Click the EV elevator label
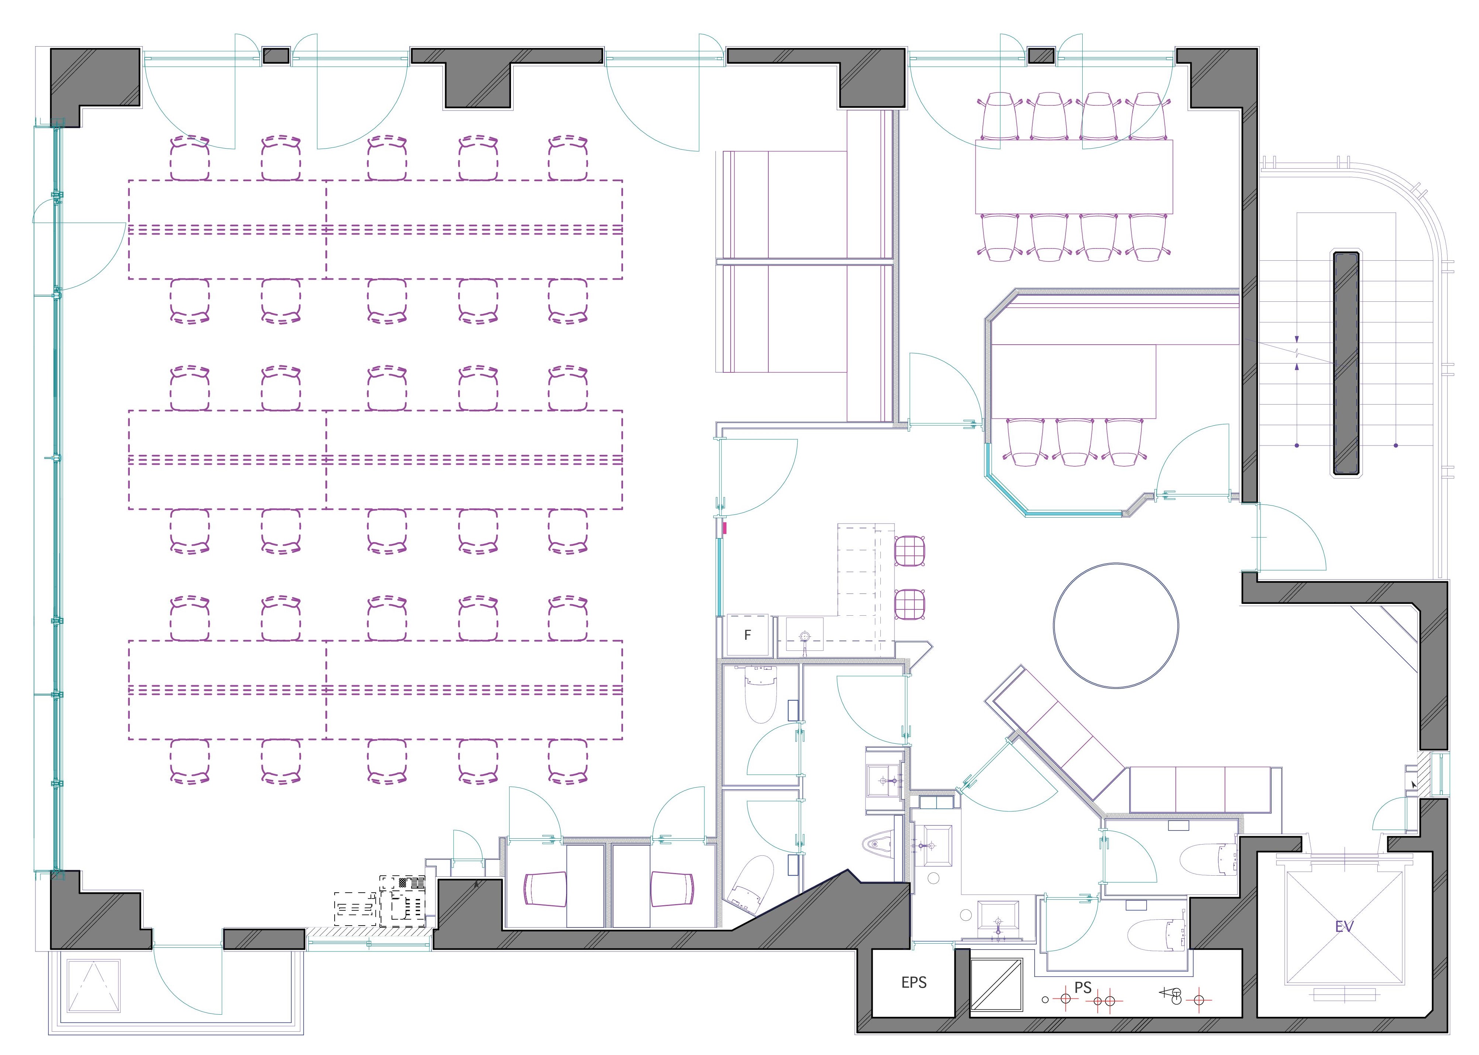1344,926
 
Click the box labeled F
748,635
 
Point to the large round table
1116,626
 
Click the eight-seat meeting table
1074,177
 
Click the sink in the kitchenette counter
805,634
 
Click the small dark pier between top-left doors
276,55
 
